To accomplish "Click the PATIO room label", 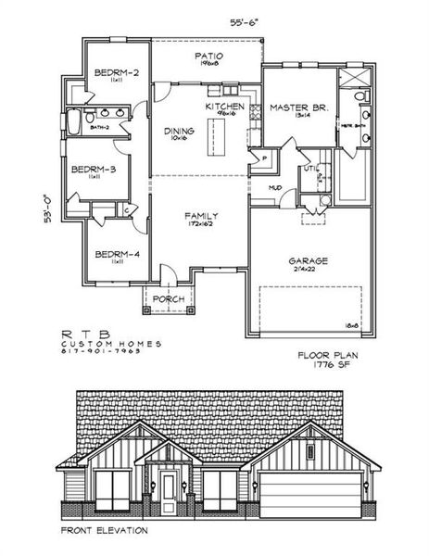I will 206,57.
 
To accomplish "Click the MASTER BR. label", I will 294,107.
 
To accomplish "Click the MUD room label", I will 275,187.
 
